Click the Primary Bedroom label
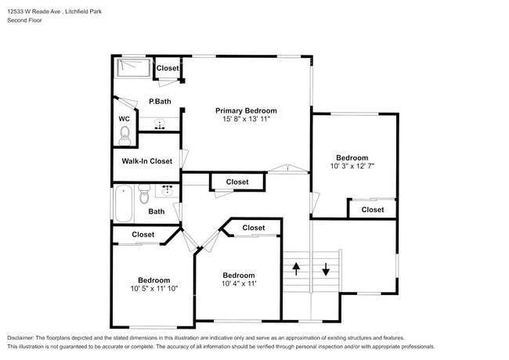246,110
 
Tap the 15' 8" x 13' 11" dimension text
246,120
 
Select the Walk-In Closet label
146,161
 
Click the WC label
124,119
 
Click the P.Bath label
160,102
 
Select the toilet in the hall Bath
143,192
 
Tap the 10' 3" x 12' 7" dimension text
352,166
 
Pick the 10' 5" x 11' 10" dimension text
154,289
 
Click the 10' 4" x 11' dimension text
238,284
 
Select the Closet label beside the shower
168,69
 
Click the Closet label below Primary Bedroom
237,182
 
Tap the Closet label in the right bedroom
372,210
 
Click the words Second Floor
25,20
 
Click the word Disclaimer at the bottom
23,337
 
